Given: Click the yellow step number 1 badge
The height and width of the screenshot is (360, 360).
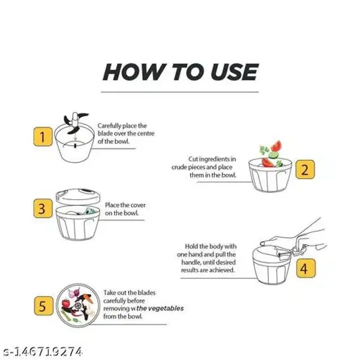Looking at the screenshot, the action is tap(43, 137).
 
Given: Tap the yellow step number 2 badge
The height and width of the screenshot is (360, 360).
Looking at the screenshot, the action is tap(305, 169).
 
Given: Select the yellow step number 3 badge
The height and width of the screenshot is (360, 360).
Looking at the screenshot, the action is tap(43, 209).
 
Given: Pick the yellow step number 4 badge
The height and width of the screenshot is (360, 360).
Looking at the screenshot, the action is tap(305, 268).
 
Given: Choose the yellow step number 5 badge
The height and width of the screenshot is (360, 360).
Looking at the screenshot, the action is tap(44, 305).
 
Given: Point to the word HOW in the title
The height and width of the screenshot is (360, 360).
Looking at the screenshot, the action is tap(135, 71).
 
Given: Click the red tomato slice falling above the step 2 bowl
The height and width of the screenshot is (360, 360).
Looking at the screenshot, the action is tap(276, 146).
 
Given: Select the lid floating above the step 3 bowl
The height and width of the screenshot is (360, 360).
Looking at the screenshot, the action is tap(78, 196).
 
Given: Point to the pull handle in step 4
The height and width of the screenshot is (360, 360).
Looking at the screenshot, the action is tap(299, 250).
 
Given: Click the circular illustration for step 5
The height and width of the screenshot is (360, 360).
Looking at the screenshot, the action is tap(78, 305).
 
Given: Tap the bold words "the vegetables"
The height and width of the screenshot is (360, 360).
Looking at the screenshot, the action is tap(160, 308).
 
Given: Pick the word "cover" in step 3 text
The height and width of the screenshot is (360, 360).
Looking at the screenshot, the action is tap(138, 205).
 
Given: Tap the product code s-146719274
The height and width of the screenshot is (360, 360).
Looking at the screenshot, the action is tap(43, 352).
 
